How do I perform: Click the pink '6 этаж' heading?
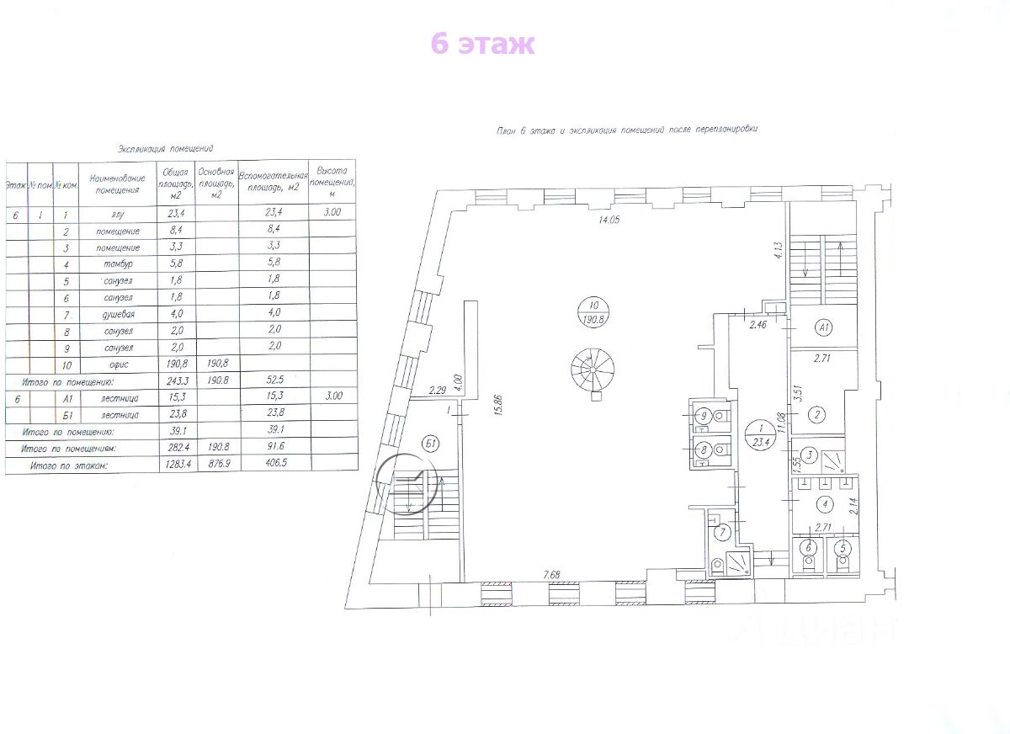482,43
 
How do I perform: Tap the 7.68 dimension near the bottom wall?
552,575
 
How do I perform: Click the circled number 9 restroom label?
705,415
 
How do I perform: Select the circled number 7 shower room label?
721,532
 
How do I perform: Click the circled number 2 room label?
816,414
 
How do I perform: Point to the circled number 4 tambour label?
826,505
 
